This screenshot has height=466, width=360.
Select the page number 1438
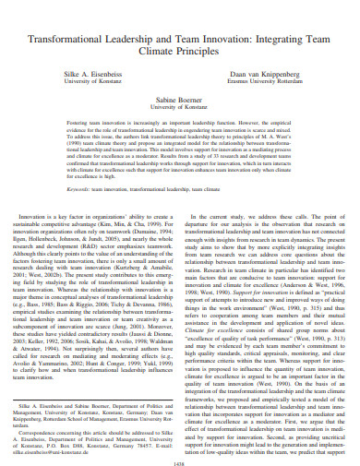[x=180, y=450]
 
